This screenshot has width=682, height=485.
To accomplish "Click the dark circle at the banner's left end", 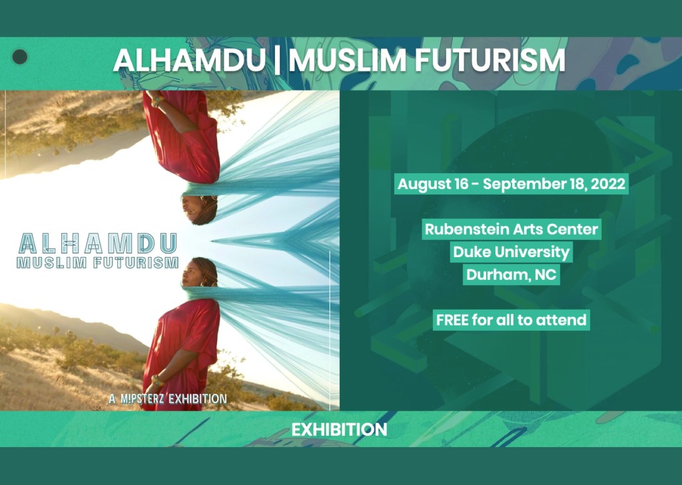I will coord(20,57).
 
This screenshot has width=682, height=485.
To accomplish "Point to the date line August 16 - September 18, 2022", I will coord(511,184).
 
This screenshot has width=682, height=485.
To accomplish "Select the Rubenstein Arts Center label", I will coord(511,230).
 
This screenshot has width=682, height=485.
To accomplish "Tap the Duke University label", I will coord(511,252).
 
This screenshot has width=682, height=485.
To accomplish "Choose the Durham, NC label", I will coord(511,274).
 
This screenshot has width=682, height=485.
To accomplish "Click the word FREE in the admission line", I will coord(452,320).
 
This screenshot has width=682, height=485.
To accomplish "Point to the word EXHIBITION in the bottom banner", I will coord(339,430).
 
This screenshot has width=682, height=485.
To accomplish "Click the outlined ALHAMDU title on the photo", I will coord(99,242).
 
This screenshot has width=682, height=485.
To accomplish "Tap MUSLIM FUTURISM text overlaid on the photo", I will coord(97,262).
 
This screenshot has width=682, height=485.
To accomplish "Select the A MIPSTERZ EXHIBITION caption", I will coord(168,399).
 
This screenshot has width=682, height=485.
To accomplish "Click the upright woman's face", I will coord(195,273).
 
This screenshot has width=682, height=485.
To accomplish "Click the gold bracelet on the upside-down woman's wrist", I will coord(157,102).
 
